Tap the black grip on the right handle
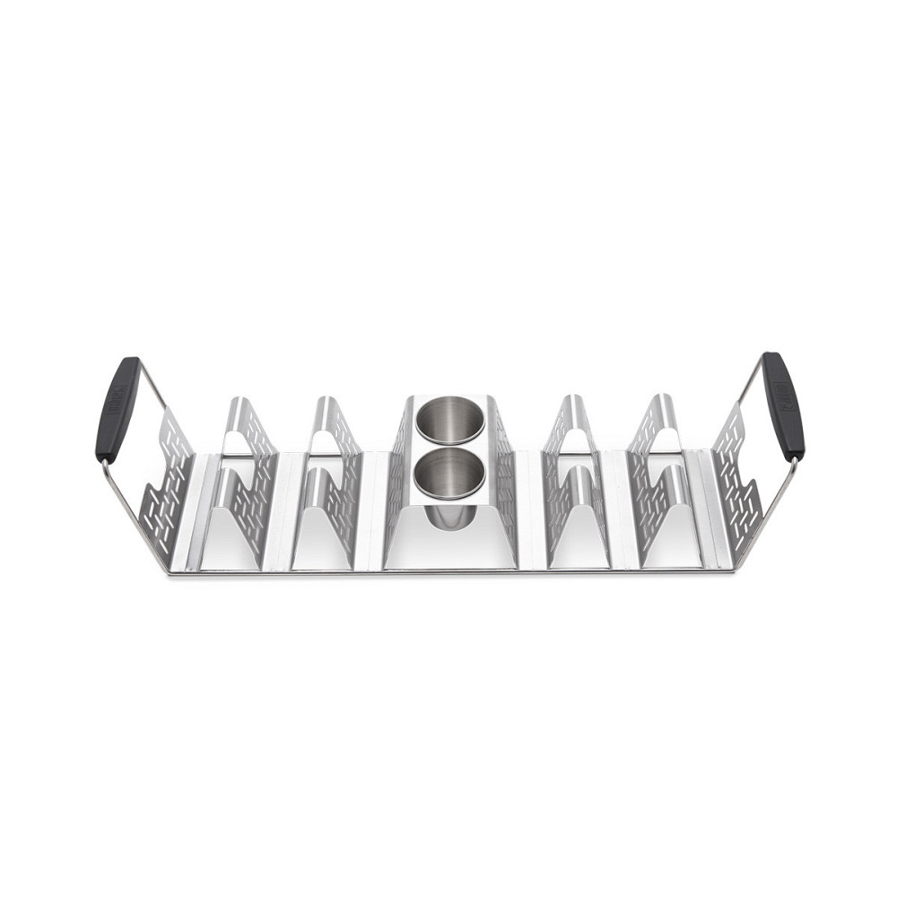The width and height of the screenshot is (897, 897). tap(782, 405)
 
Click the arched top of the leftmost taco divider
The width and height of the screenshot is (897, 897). tap(235, 404)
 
